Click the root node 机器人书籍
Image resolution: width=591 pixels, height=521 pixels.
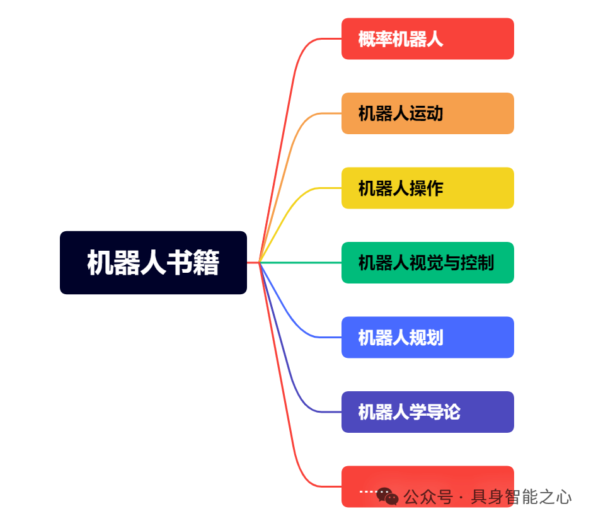tap(153, 263)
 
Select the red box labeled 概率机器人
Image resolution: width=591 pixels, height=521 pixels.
tap(427, 39)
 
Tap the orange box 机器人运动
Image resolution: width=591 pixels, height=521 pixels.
tap(427, 113)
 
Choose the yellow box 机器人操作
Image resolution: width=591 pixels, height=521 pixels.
tap(427, 188)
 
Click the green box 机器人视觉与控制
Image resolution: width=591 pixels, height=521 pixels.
tap(427, 263)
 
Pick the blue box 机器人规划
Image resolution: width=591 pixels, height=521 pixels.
tap(427, 337)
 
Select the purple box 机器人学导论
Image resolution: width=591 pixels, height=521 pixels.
tap(427, 412)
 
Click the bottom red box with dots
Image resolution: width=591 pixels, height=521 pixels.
tap(427, 479)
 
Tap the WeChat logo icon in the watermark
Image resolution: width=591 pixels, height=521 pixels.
tap(387, 497)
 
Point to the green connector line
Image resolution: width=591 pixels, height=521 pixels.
tap(302, 262)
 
